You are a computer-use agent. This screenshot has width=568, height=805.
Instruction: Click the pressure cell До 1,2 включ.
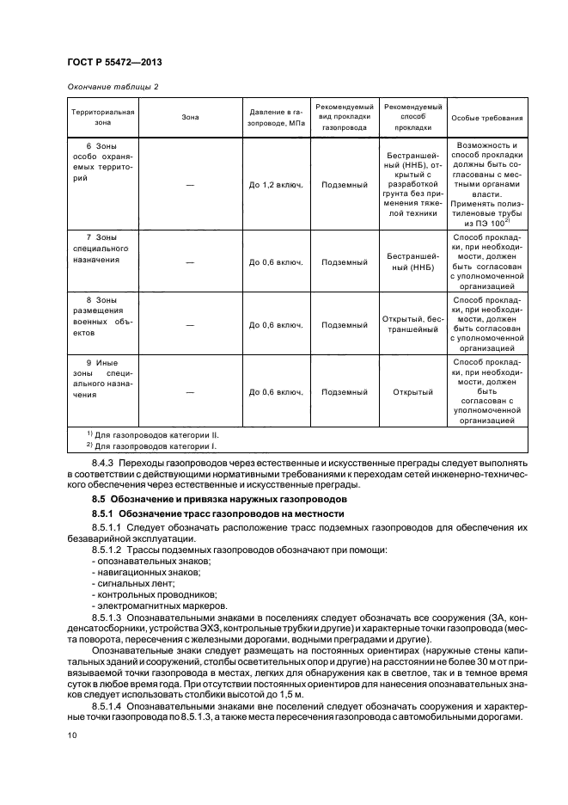point(276,185)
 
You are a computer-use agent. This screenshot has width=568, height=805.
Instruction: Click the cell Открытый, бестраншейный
point(412,324)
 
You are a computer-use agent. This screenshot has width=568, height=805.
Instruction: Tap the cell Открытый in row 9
point(412,392)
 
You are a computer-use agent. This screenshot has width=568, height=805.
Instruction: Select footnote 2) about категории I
point(152,447)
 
